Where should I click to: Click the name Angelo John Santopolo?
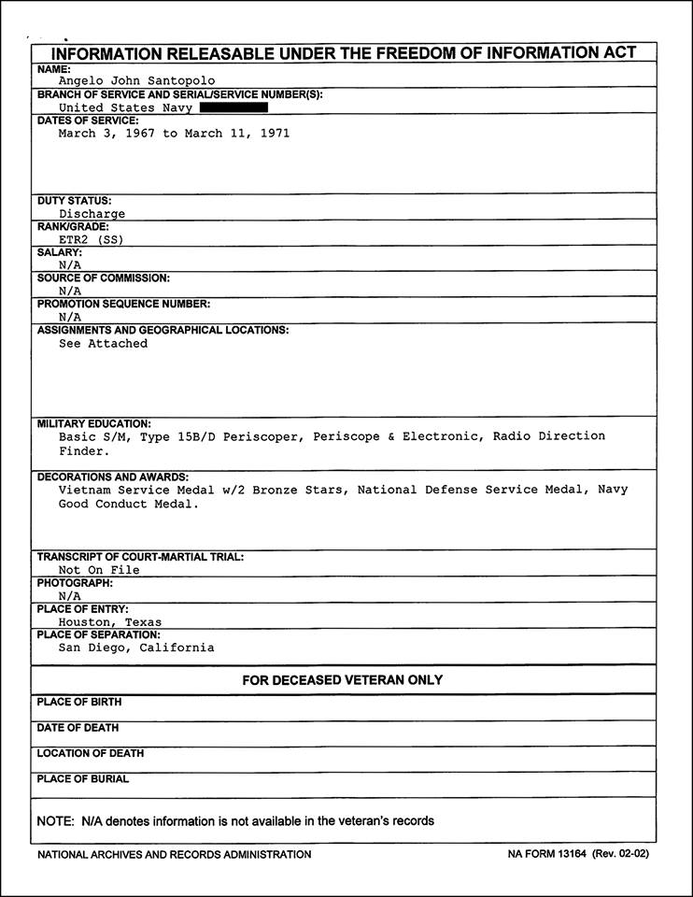pyautogui.click(x=136, y=81)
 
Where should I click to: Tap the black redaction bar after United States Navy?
pyautogui.click(x=233, y=107)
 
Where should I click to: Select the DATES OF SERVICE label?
pyautogui.click(x=88, y=121)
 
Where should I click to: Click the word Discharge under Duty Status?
pyautogui.click(x=92, y=214)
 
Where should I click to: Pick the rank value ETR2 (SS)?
pyautogui.click(x=91, y=239)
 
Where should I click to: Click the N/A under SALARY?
pyautogui.click(x=70, y=265)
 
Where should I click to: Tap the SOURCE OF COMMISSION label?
pyautogui.click(x=104, y=278)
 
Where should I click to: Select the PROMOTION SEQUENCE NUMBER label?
pyautogui.click(x=123, y=304)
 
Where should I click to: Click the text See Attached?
pyautogui.click(x=103, y=344)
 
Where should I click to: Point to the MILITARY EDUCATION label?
pyautogui.click(x=93, y=423)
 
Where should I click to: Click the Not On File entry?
pyautogui.click(x=99, y=570)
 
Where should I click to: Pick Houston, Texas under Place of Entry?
pyautogui.click(x=110, y=622)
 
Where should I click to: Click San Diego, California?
pyautogui.click(x=136, y=648)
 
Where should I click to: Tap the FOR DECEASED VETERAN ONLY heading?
pyautogui.click(x=343, y=680)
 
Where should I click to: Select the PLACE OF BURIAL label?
pyautogui.click(x=83, y=779)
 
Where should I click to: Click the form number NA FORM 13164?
pyautogui.click(x=548, y=854)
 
